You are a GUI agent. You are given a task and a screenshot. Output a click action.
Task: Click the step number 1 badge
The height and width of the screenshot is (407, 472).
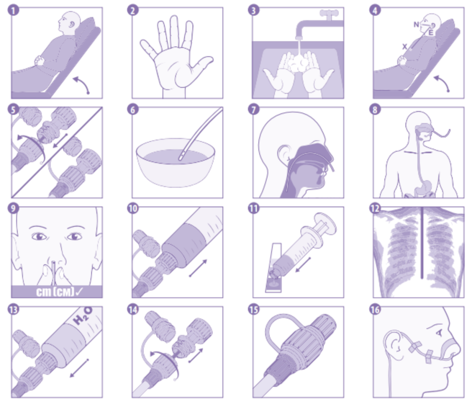point(13,10)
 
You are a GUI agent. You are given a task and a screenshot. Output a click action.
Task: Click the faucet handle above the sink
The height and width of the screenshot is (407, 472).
point(329,14)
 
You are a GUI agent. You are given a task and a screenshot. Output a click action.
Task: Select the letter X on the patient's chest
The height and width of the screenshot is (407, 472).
point(405,47)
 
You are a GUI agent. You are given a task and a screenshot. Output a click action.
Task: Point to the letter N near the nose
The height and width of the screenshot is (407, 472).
point(416,24)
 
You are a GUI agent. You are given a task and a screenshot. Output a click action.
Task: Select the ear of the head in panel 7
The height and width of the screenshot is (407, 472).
point(284,153)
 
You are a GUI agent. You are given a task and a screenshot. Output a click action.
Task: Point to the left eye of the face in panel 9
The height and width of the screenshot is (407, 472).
point(39,237)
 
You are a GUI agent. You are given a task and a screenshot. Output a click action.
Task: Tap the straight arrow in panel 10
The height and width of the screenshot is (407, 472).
point(198,268)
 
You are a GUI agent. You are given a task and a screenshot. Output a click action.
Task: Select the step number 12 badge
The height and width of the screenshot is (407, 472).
point(375,208)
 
